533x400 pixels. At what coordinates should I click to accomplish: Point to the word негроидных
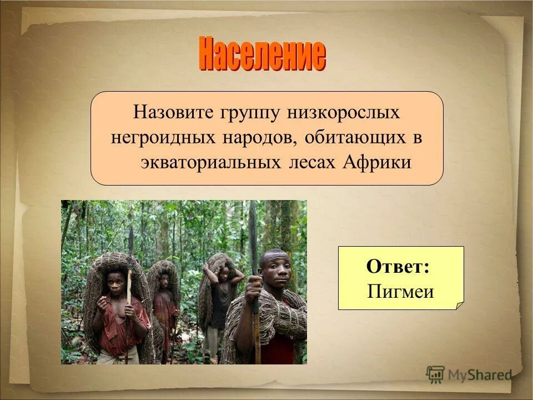point(162,138)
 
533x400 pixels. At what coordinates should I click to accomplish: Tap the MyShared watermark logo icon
point(436,375)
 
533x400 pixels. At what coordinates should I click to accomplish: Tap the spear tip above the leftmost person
point(131,236)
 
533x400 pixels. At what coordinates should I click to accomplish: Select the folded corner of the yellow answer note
point(458,304)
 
